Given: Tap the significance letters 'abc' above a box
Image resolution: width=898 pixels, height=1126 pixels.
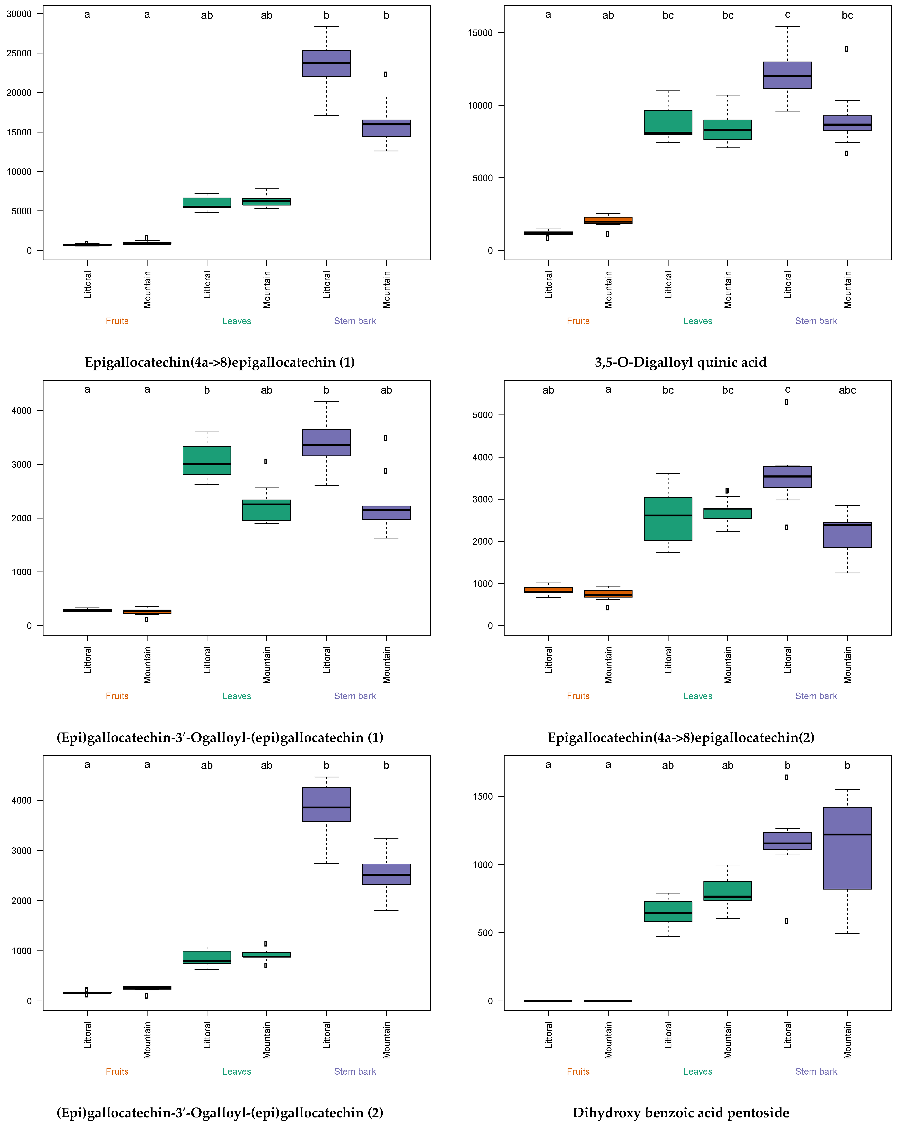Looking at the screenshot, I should [847, 390].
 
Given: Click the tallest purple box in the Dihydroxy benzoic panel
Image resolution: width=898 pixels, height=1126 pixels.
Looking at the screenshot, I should [847, 848].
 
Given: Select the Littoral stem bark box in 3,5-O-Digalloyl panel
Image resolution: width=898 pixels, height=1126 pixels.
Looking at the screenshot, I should [787, 75].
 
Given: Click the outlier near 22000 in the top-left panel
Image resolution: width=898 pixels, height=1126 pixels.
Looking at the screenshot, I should [386, 74].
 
